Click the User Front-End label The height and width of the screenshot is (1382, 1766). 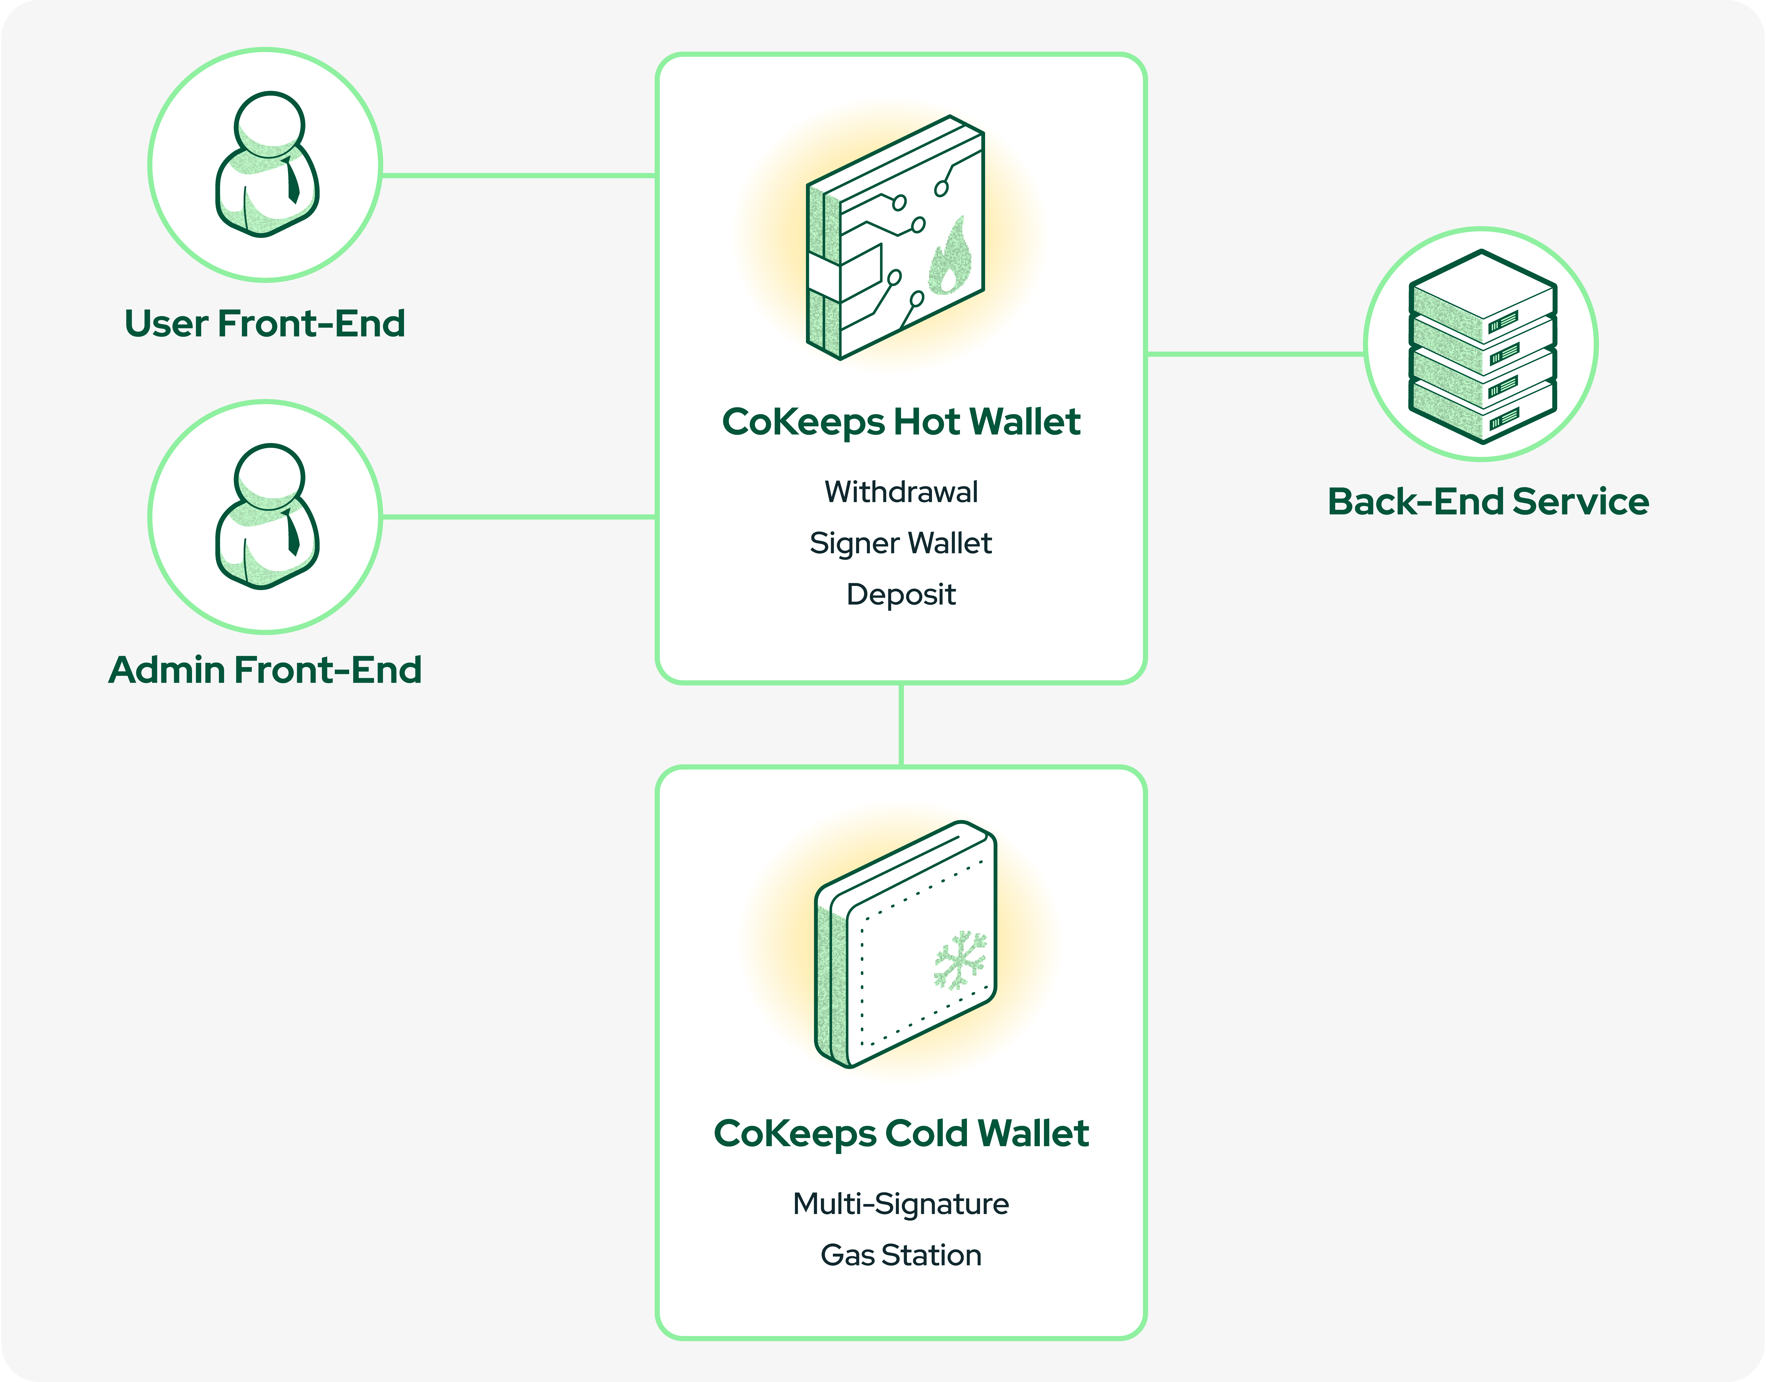[x=264, y=324]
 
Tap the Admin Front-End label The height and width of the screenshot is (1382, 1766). [x=264, y=670]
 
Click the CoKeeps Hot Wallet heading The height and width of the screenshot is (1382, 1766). [x=900, y=421]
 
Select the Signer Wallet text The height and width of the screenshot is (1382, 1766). [x=900, y=543]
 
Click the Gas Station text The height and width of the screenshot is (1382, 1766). [x=900, y=1255]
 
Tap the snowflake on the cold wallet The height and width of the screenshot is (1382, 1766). [x=960, y=961]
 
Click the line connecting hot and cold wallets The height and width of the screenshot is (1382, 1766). [x=900, y=724]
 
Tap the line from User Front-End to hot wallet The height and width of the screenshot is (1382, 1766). [x=518, y=175]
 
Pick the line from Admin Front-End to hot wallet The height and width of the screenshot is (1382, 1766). [x=518, y=516]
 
